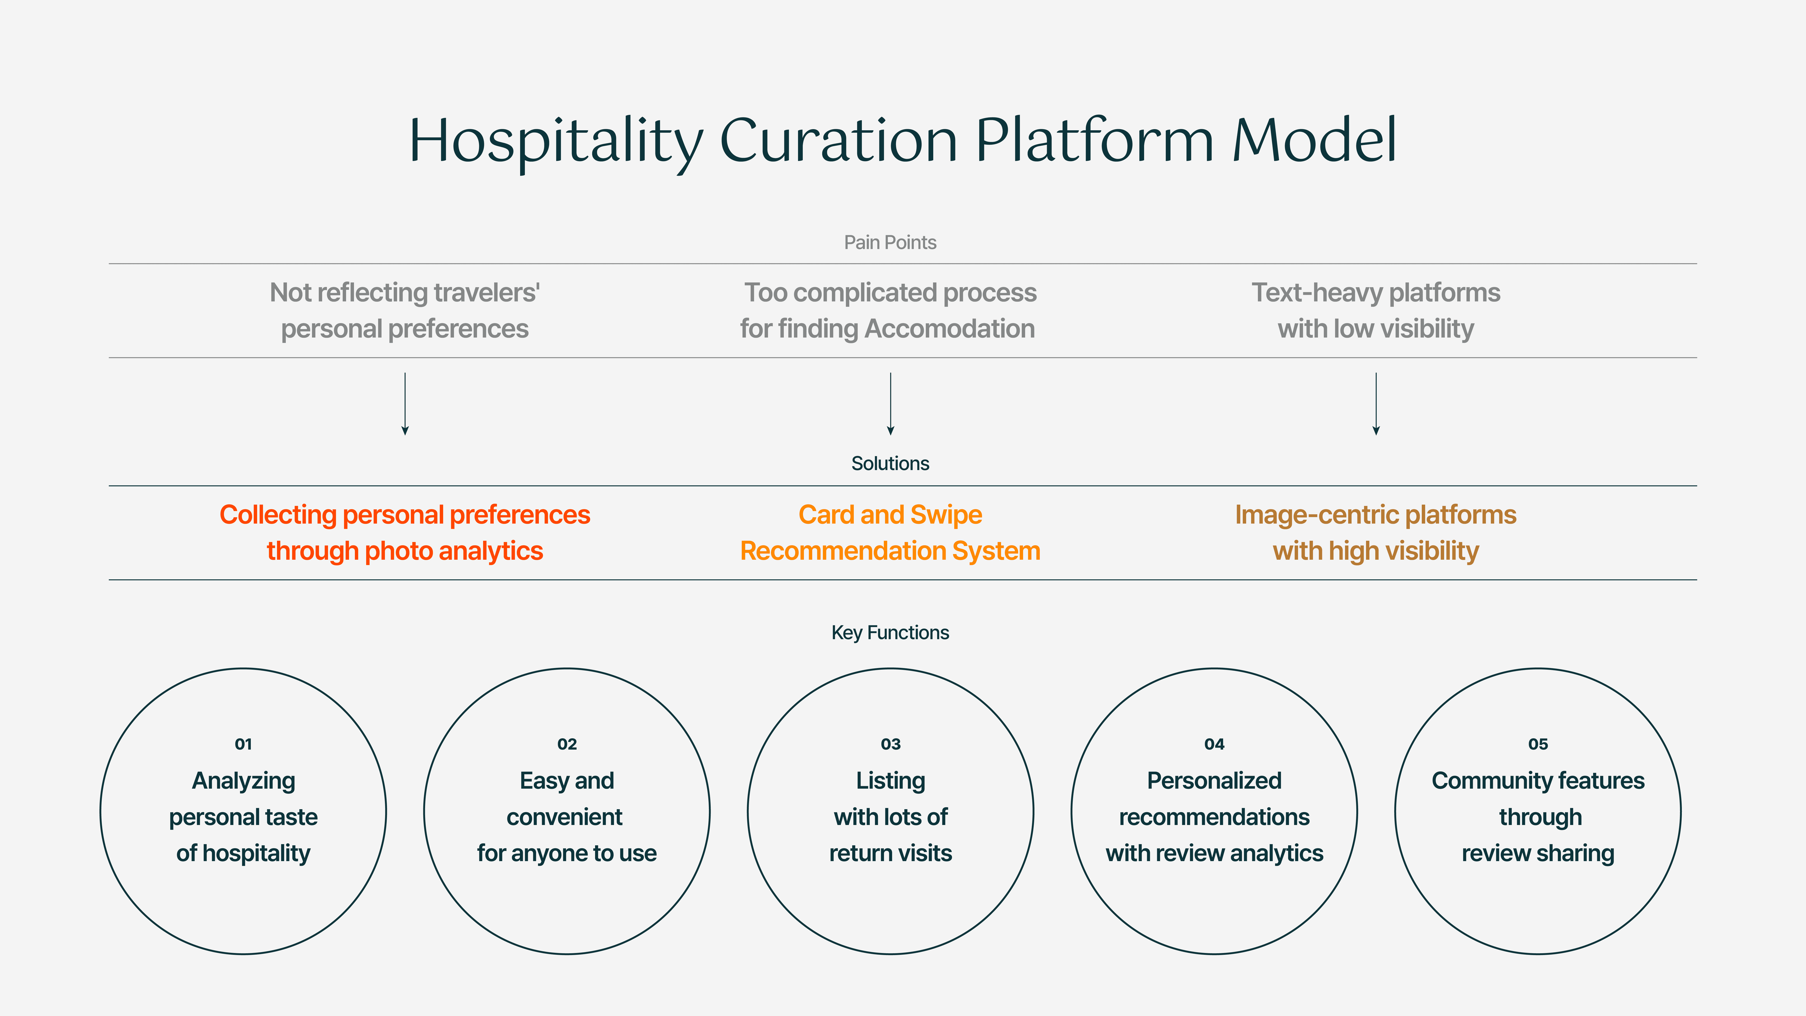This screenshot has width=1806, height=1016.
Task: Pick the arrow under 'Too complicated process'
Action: (x=890, y=404)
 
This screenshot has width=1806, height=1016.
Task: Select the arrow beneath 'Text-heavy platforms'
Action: (x=1376, y=404)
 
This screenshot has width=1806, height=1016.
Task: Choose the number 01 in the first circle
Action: (x=243, y=744)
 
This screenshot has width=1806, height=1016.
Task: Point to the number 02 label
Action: (x=567, y=744)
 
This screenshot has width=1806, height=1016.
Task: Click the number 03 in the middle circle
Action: (x=890, y=744)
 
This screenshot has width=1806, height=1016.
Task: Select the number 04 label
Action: (x=1214, y=744)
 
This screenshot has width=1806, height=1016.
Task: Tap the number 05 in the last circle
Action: (x=1538, y=744)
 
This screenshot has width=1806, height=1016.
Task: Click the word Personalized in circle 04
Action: (x=1214, y=781)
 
